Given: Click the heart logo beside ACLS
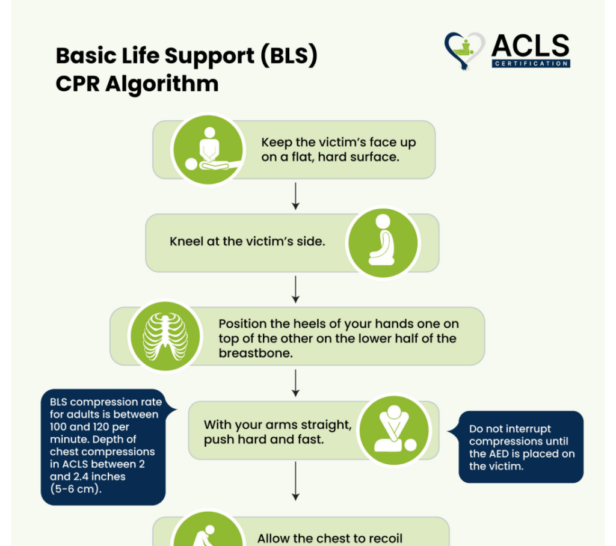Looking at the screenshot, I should click(465, 50).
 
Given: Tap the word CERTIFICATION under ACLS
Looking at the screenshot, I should click(531, 63).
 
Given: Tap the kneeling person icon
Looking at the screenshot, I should click(383, 242).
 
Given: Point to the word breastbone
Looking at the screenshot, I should click(256, 354).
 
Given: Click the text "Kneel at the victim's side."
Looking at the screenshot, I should click(248, 242).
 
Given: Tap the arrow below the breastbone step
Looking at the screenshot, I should click(295, 382).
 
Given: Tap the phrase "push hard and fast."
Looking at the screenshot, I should click(263, 440).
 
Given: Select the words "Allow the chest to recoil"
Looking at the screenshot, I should click(330, 538).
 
